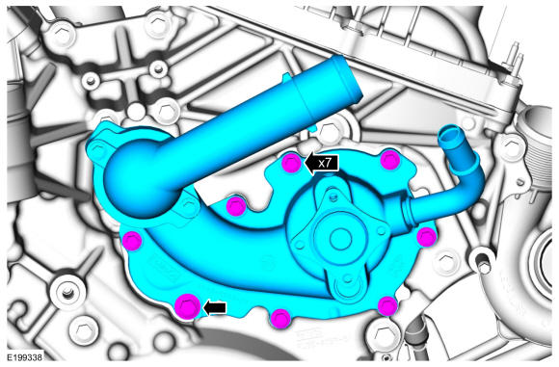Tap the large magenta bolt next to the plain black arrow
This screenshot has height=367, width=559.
(188, 306)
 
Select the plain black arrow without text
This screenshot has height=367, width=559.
(215, 307)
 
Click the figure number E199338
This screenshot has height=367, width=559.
(25, 357)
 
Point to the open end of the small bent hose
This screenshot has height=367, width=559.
(450, 134)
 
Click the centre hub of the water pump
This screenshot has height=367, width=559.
(340, 238)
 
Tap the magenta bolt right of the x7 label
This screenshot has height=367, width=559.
(390, 160)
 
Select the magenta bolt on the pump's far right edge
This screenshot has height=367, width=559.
(427, 237)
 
